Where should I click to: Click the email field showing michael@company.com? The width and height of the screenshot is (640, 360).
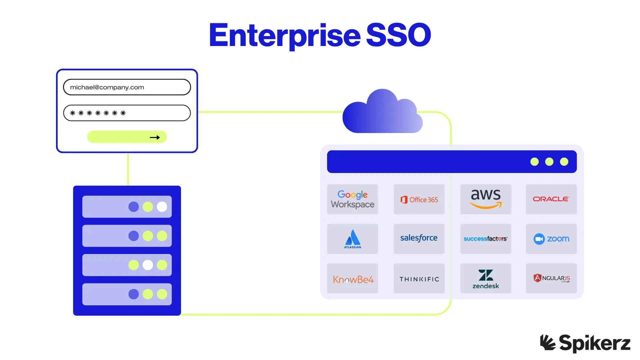click(x=127, y=87)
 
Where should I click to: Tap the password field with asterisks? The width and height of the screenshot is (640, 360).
click(x=127, y=113)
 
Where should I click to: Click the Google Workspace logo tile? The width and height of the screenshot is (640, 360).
click(x=352, y=199)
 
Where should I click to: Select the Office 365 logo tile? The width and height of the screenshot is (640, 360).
click(x=419, y=199)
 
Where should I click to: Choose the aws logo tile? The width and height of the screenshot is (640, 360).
click(x=486, y=199)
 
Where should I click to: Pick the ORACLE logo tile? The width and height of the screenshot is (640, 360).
click(x=551, y=199)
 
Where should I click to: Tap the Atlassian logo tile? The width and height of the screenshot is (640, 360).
click(x=352, y=239)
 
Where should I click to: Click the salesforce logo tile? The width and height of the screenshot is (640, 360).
click(x=419, y=239)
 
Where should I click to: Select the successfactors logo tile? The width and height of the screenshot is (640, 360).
click(x=486, y=239)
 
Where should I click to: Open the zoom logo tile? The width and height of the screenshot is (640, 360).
click(x=551, y=239)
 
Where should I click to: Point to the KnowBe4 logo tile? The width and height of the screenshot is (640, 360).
click(x=352, y=278)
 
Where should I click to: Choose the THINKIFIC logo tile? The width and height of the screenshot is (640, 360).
click(x=419, y=278)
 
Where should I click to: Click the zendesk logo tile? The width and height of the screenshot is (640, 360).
click(x=486, y=278)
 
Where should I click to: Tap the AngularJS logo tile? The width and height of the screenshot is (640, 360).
click(x=551, y=278)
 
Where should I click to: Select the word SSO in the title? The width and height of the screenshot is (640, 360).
click(x=398, y=35)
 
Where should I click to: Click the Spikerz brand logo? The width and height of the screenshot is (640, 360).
click(x=585, y=343)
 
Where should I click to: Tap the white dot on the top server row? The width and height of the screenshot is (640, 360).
click(x=162, y=207)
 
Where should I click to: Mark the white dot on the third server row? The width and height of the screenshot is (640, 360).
click(x=148, y=265)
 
